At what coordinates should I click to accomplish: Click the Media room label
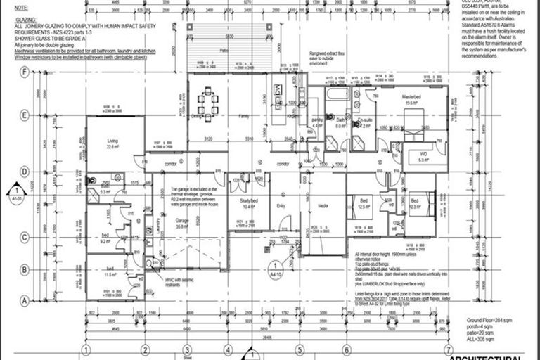(322, 206)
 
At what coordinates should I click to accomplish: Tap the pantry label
(316, 120)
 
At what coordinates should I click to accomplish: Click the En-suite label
(364, 120)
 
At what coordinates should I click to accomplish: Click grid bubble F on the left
(25, 72)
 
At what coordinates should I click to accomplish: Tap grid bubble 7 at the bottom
(448, 349)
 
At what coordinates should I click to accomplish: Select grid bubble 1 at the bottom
(86, 349)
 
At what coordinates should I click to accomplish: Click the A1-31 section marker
(14, 191)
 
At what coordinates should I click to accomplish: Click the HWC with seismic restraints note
(176, 281)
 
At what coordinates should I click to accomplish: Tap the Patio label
(224, 51)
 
